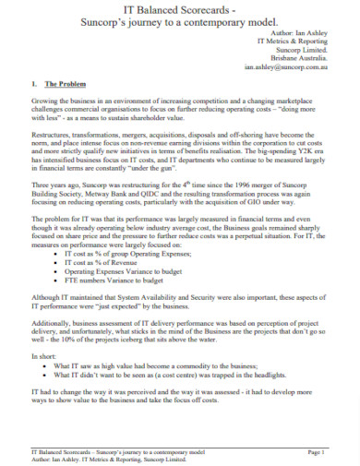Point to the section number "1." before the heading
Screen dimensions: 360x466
pyautogui.click(x=23, y=84)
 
